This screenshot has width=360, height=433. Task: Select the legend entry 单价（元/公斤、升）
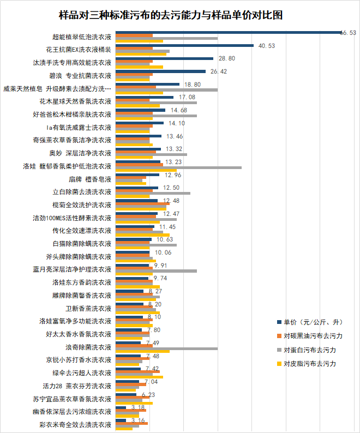[313, 322]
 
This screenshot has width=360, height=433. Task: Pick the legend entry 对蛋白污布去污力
[309, 350]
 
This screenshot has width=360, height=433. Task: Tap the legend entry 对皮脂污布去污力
[309, 363]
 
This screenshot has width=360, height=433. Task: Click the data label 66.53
[348, 33]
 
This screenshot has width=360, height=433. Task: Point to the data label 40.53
[267, 46]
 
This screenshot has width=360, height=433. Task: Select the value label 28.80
[226, 58]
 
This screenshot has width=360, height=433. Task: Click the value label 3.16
[138, 420]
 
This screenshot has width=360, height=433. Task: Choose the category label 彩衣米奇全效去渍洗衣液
[75, 424]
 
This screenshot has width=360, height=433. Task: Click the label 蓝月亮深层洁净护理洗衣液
[72, 269]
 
